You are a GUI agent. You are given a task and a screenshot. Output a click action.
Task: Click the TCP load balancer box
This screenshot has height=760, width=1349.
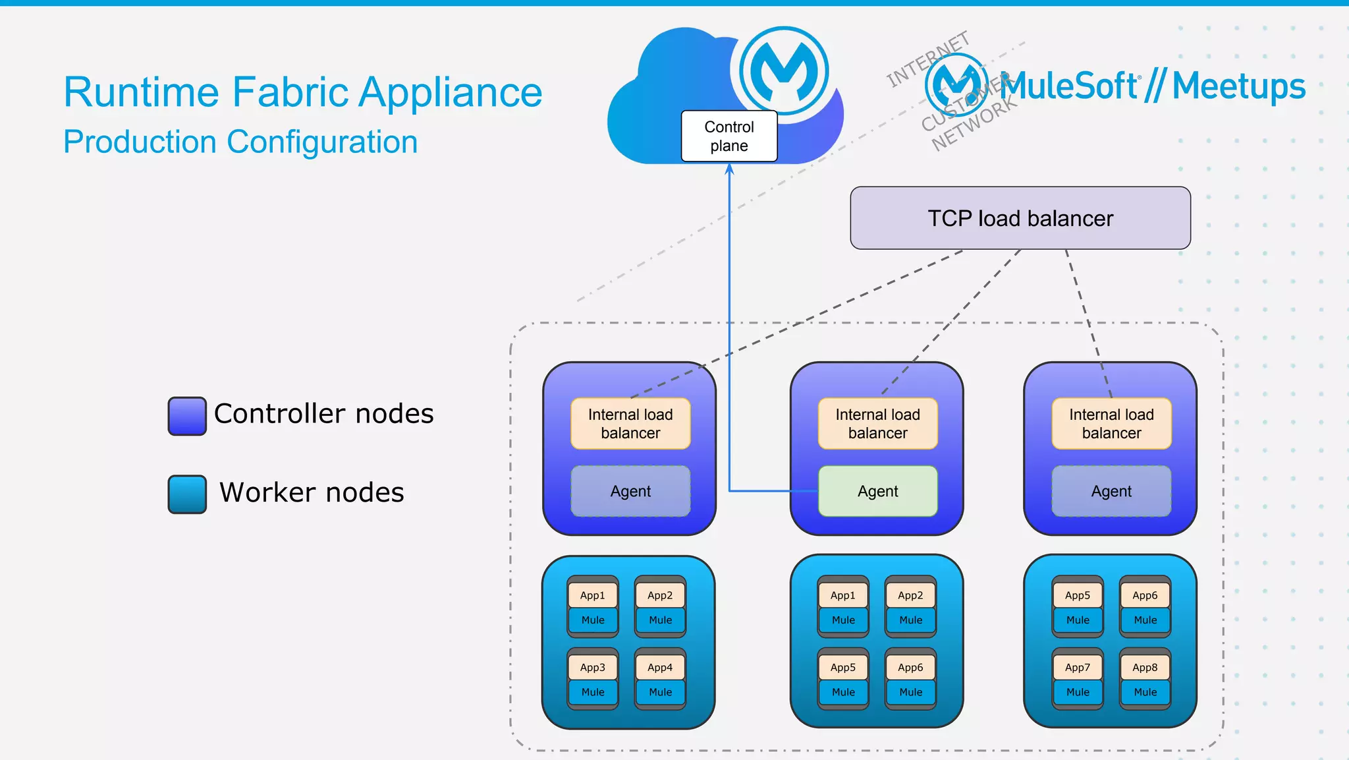1020,218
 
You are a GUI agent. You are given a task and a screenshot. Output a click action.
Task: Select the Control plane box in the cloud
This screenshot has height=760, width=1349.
729,136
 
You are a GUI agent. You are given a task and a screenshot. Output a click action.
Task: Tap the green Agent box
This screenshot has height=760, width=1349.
877,491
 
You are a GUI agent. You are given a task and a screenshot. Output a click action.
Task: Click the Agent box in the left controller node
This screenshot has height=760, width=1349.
630,491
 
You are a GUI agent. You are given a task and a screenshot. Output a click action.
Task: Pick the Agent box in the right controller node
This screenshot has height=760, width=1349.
1111,491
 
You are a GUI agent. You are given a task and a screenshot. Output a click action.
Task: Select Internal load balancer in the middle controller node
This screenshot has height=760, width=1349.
877,424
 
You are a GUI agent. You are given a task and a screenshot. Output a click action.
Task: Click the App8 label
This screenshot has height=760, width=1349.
1145,667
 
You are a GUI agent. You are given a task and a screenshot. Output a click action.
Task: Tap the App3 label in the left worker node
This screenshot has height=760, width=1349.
592,667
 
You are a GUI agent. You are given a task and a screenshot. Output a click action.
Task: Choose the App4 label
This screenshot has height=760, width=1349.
660,667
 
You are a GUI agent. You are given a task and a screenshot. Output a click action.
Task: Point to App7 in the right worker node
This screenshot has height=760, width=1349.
1077,667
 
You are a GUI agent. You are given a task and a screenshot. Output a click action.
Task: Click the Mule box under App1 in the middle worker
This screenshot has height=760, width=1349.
843,620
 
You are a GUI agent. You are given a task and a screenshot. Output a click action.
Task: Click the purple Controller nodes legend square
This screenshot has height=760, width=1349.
187,416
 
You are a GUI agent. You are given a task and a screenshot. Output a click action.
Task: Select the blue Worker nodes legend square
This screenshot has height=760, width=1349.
187,494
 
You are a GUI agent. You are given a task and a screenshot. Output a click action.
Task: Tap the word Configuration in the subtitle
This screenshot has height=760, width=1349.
322,142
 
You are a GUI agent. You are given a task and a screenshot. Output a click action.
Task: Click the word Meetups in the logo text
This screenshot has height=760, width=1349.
1238,86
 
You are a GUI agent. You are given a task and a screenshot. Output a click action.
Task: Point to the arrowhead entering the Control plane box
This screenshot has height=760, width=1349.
729,169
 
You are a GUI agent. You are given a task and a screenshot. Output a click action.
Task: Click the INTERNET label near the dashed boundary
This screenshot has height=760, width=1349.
927,59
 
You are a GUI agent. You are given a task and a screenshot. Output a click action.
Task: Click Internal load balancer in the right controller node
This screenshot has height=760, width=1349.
1111,424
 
